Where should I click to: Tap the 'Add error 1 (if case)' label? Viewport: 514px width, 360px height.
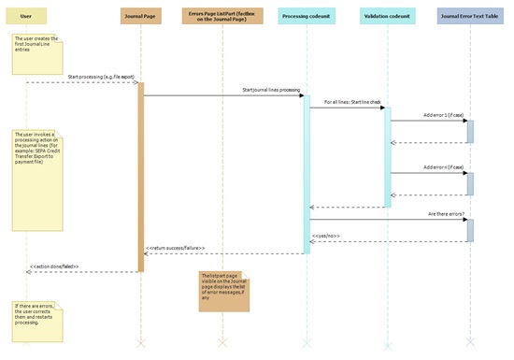(x=443, y=115)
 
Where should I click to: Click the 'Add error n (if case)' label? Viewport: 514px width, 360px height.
(x=443, y=167)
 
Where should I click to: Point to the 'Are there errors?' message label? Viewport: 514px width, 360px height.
(x=445, y=215)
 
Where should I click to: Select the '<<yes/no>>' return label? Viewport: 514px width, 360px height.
(x=326, y=236)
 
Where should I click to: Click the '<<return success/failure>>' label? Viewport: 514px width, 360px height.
(x=175, y=248)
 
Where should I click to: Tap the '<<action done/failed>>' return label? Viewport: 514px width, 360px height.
(x=55, y=267)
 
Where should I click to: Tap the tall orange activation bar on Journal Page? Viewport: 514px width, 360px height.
(x=141, y=177)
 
